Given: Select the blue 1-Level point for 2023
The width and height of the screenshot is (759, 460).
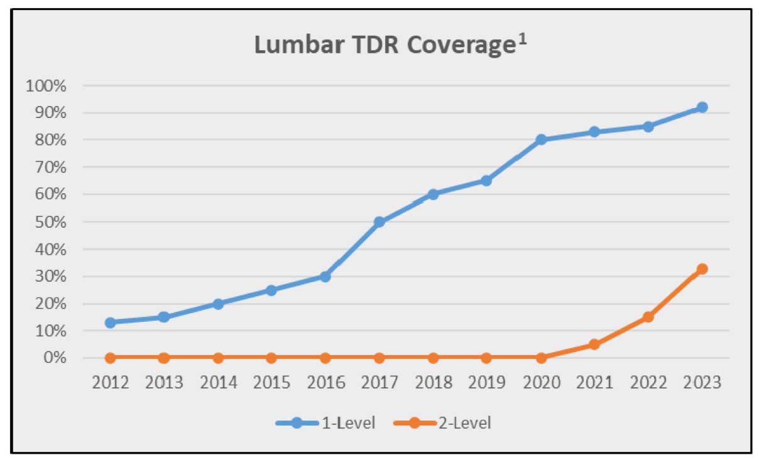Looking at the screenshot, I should click(702, 107).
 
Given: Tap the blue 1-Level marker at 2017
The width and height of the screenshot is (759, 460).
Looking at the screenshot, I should click(379, 222).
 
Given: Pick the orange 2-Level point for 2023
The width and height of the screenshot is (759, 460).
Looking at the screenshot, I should click(702, 269).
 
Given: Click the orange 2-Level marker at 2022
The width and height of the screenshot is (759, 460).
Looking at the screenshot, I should click(648, 317).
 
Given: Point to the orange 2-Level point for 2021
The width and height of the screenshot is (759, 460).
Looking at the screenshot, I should click(594, 345).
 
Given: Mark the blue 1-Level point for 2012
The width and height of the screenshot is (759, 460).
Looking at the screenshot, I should click(111, 323).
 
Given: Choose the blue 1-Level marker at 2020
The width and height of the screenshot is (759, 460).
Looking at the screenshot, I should click(540, 140).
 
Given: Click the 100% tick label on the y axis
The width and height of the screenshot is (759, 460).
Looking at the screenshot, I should click(45, 85).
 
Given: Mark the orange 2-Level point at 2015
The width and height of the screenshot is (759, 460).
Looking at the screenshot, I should click(271, 358).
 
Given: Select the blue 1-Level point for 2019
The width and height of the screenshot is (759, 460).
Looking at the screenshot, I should click(486, 181).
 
